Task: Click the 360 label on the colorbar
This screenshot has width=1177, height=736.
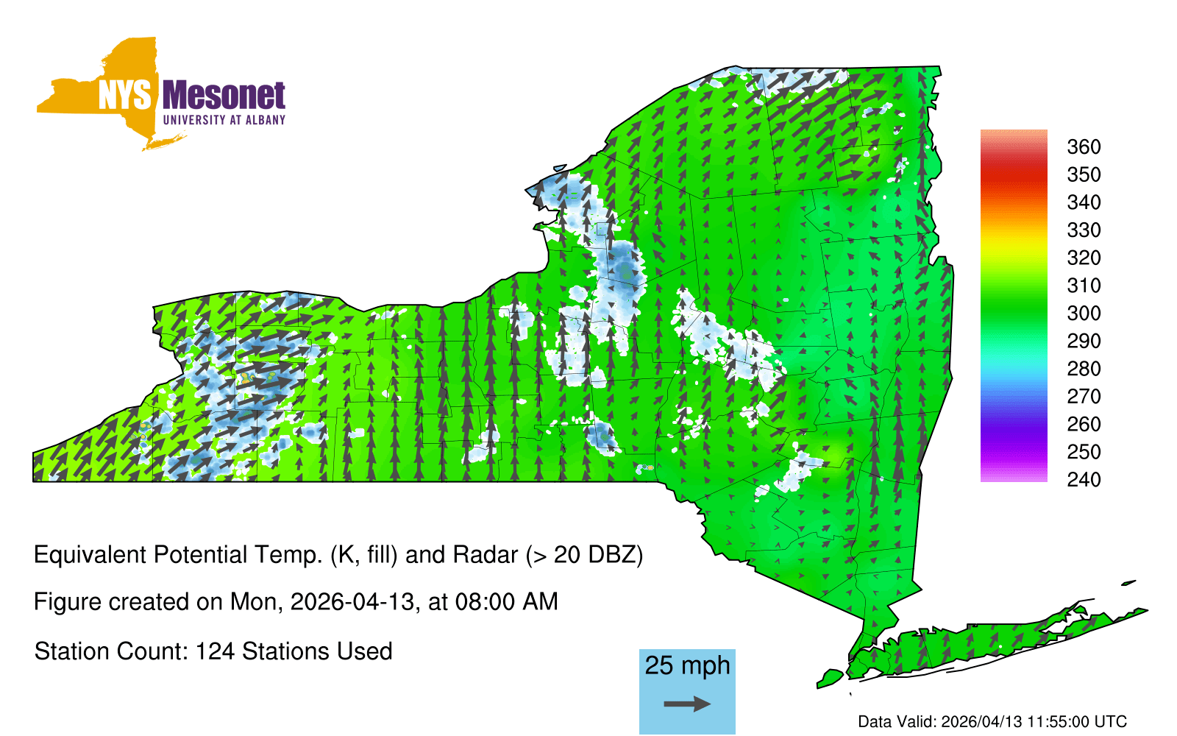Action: point(1084,146)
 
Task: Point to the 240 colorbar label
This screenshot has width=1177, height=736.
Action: point(1084,479)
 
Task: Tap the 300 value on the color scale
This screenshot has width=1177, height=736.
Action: point(1084,314)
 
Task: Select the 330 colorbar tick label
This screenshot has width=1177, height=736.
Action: point(1084,230)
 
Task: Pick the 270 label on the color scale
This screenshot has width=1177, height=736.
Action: point(1084,397)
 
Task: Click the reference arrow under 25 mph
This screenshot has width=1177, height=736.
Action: point(687,704)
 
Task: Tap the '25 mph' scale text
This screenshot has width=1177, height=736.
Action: point(687,665)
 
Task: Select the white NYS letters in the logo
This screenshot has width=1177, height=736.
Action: point(124,95)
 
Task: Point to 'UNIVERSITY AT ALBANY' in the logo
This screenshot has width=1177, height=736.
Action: point(224,120)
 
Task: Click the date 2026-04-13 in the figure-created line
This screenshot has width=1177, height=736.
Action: point(352,602)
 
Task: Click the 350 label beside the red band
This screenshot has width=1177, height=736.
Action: point(1084,174)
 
